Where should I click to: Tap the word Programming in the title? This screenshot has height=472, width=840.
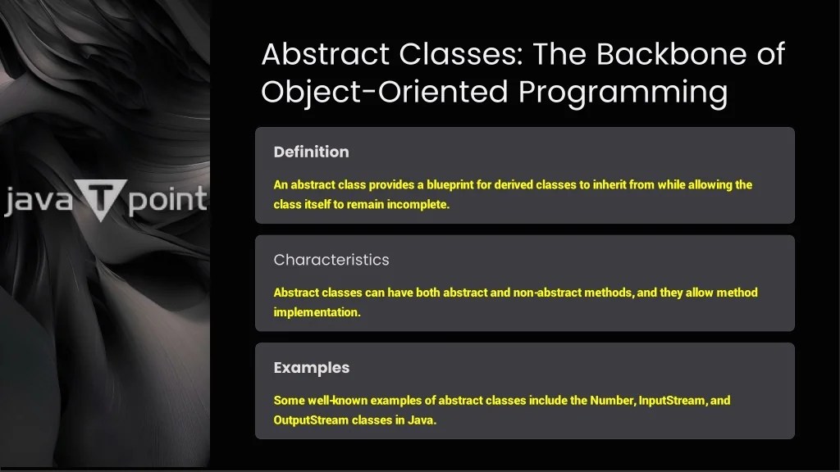pos(623,92)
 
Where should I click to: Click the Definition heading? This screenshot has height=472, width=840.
pos(311,152)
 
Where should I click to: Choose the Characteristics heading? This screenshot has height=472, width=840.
pos(331,260)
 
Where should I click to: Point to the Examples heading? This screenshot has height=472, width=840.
pos(311,368)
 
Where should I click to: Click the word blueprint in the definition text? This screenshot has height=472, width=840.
pos(444,185)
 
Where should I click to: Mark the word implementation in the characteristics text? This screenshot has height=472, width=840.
pos(317,312)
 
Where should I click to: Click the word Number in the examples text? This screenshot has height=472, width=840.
pos(612,401)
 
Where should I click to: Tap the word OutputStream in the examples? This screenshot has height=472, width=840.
pos(310,420)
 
